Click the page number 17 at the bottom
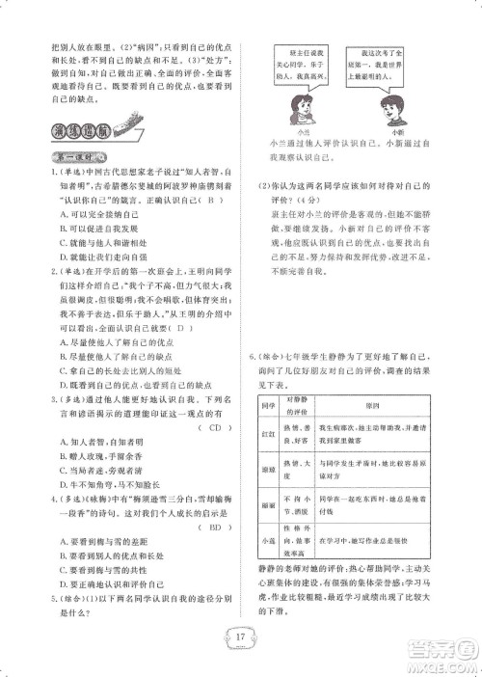pos(241,637)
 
